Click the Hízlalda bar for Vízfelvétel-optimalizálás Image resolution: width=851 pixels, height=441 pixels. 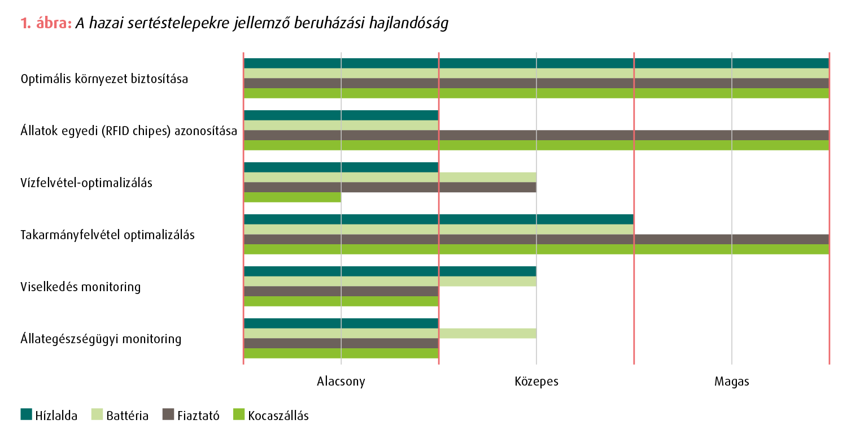click(341, 167)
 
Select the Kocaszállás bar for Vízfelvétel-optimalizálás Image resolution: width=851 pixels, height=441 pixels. click(292, 197)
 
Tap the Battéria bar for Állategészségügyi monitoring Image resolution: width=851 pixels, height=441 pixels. click(390, 334)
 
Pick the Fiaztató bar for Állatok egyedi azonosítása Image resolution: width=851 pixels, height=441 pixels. click(536, 135)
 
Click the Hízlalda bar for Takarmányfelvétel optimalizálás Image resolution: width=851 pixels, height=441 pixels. click(438, 219)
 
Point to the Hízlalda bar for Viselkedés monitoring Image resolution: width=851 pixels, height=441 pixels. click(390, 271)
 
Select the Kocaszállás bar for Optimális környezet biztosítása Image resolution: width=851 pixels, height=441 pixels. click(536, 93)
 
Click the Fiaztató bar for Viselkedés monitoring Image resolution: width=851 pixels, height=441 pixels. click(341, 291)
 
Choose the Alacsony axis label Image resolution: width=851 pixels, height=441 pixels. click(341, 381)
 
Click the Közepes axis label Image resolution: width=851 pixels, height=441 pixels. click(536, 381)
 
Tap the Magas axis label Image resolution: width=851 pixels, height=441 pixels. click(732, 381)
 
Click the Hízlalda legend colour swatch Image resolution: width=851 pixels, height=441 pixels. click(27, 415)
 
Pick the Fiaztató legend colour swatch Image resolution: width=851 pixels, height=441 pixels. click(168, 415)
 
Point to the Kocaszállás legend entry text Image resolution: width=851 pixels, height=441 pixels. click(278, 416)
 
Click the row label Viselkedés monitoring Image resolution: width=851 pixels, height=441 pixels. click(81, 287)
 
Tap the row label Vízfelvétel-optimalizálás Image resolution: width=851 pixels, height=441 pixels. click(86, 183)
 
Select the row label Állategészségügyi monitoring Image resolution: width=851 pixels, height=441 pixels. click(101, 339)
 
